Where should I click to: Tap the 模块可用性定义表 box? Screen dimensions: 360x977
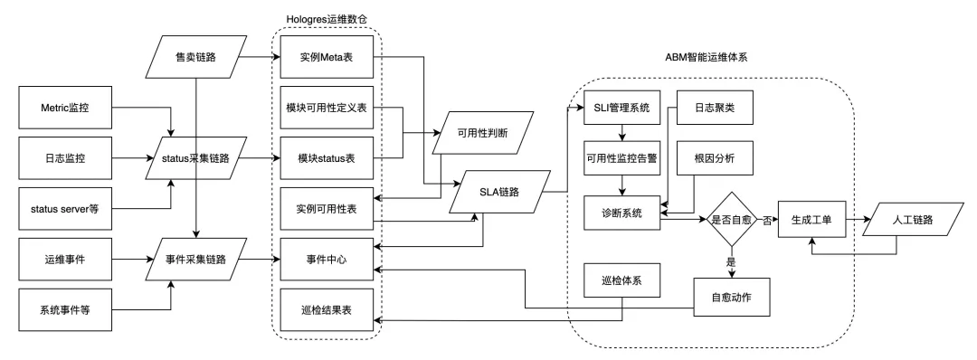326,109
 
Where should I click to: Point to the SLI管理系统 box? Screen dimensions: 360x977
621,109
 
